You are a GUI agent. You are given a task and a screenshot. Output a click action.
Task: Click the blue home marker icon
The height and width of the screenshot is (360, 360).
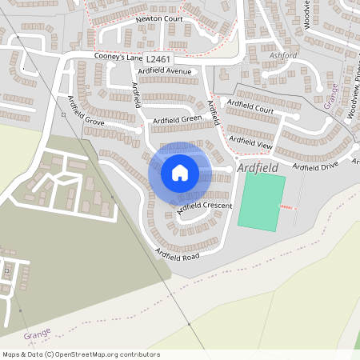(180, 172)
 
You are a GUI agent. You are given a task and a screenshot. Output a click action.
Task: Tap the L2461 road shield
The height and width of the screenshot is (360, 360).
(159, 58)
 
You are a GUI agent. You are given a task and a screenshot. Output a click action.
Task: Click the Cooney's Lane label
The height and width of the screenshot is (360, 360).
(118, 57)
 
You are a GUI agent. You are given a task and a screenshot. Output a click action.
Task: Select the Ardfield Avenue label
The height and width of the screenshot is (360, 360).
(166, 71)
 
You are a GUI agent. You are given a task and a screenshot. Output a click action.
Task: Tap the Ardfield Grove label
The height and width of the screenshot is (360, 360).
(86, 111)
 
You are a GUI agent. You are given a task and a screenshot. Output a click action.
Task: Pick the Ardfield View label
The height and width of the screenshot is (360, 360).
(251, 143)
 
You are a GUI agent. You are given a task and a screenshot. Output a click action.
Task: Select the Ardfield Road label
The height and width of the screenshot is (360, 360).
(177, 254)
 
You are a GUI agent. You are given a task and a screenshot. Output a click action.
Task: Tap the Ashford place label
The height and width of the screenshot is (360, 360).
(284, 55)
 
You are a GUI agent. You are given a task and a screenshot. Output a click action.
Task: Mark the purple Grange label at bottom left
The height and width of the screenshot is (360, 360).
(37, 332)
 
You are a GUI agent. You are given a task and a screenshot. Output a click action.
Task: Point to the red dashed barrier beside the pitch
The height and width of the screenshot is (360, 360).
(286, 208)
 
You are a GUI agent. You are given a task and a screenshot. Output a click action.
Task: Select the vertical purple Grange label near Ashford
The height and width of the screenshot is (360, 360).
(330, 95)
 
